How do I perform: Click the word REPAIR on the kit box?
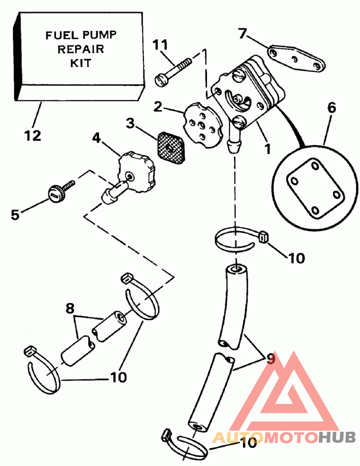coord(81,49)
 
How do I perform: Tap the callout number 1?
coord(268,148)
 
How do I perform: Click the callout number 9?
coord(270,359)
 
